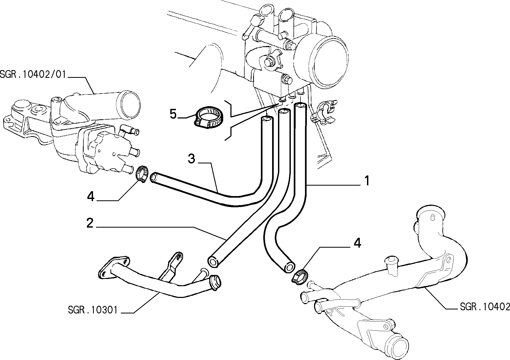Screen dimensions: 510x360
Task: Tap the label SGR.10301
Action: [x=92, y=310]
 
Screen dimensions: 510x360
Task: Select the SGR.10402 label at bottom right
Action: [x=485, y=307]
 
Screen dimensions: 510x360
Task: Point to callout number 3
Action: [x=191, y=159]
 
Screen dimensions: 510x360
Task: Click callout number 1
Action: [x=367, y=181]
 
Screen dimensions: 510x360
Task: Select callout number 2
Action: [x=90, y=223]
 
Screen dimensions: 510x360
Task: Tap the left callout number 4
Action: [x=91, y=197]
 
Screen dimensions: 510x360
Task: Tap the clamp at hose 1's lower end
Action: [x=299, y=275]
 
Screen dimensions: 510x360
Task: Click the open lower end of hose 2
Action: [x=213, y=261]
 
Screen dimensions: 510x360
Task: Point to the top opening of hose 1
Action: [x=300, y=106]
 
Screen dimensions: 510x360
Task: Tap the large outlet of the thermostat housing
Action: [x=130, y=103]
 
